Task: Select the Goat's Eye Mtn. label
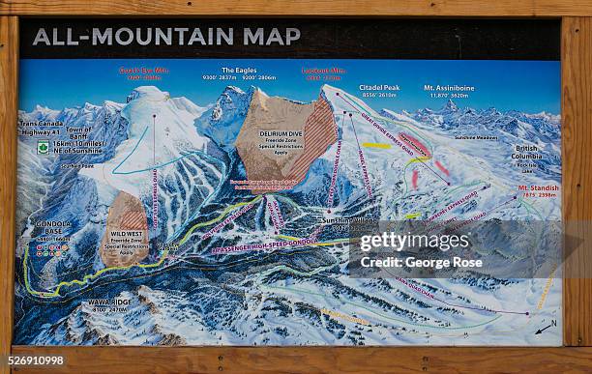[143, 72]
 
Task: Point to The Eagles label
[239, 72]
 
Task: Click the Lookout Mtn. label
[323, 72]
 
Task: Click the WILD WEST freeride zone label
[127, 233]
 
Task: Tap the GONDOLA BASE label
[52, 227]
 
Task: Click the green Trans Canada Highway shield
[43, 148]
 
